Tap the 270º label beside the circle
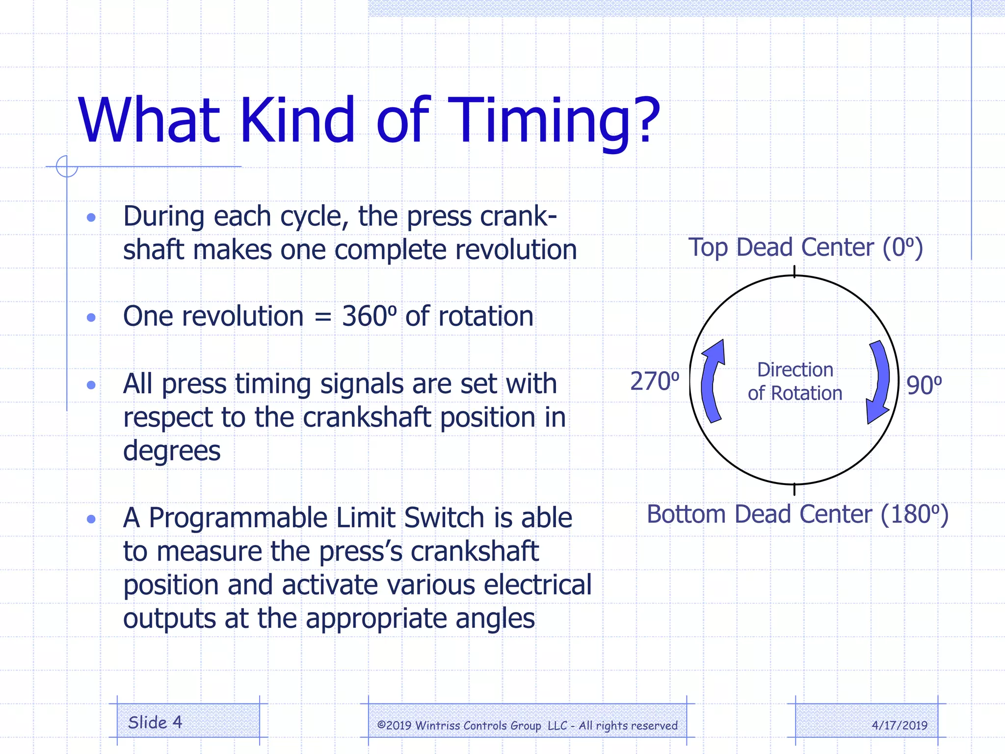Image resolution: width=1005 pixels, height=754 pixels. coord(655,381)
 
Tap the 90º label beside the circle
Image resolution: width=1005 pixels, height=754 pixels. coord(924,385)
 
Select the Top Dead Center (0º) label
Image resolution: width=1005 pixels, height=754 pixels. coord(805,248)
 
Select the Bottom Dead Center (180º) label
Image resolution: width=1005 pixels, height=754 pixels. coord(797,515)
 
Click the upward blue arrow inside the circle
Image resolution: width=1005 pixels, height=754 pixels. coord(712,380)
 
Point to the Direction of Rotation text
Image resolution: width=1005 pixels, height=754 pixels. coord(795,381)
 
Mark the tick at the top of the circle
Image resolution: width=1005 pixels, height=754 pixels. coord(794,271)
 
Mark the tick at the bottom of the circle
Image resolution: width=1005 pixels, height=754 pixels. coord(794,489)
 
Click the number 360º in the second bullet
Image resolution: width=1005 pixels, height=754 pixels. coord(369,316)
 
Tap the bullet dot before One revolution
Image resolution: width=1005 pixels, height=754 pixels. coord(91,318)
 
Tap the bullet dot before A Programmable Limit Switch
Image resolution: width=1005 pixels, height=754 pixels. coord(91,519)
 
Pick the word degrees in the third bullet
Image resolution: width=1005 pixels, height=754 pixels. coord(172,451)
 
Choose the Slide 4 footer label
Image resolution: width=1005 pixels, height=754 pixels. coord(155,723)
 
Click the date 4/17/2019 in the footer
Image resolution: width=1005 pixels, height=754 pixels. coord(899,726)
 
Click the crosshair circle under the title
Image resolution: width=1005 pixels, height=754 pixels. coord(67,166)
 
